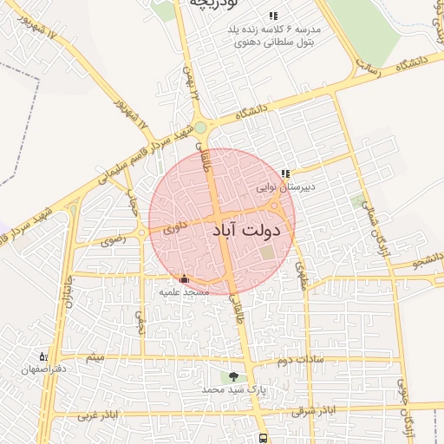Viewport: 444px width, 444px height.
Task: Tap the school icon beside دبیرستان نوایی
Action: coord(285,174)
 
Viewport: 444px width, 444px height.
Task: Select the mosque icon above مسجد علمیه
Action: coord(183,279)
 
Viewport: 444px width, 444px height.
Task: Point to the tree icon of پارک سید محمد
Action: coord(232,377)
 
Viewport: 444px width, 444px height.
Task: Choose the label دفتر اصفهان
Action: coord(42,369)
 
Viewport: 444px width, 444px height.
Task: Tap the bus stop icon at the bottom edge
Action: coord(263,439)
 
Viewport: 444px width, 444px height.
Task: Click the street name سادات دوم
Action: coord(300,358)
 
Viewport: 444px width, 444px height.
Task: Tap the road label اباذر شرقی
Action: coord(312,409)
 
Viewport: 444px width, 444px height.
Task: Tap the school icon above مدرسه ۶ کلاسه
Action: coord(273,16)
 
